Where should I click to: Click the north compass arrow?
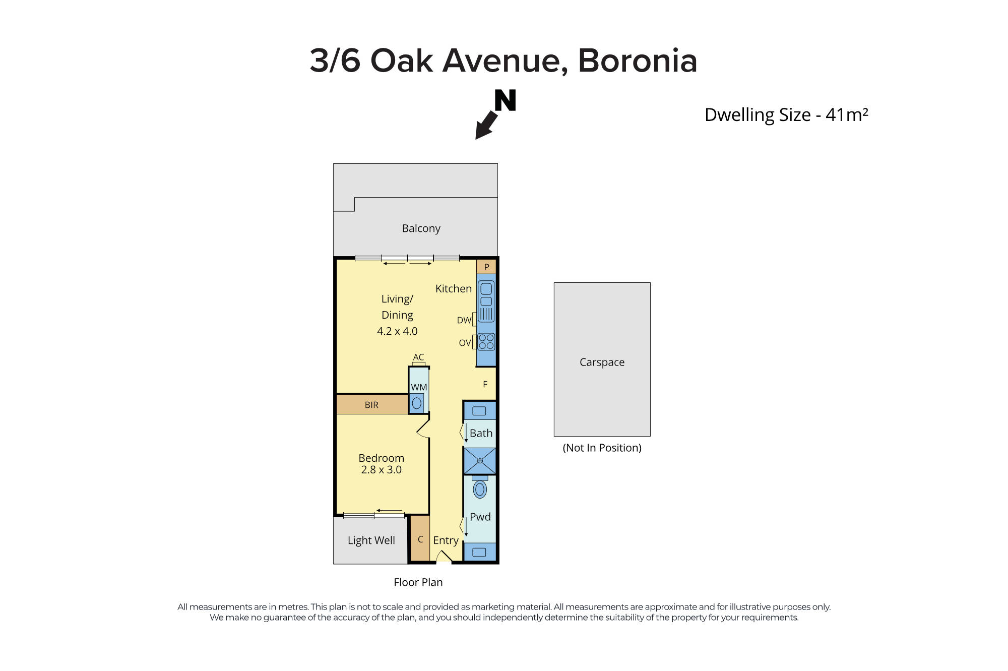(485, 126)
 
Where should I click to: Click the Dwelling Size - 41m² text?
(786, 115)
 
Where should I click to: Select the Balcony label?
(421, 228)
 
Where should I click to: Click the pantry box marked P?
(486, 267)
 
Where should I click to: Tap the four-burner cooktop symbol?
(486, 342)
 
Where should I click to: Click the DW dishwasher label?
(464, 320)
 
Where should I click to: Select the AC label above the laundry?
(418, 357)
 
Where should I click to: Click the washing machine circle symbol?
(417, 403)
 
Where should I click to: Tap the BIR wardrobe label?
(371, 405)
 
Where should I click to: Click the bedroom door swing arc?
(422, 427)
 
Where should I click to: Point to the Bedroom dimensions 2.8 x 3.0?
(381, 470)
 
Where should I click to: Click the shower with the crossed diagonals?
(480, 461)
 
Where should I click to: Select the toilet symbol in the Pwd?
(480, 489)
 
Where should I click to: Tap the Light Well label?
(371, 540)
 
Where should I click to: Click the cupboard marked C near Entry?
(420, 539)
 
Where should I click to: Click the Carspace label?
(602, 362)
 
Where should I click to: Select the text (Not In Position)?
(602, 448)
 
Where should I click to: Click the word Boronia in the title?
(637, 60)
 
